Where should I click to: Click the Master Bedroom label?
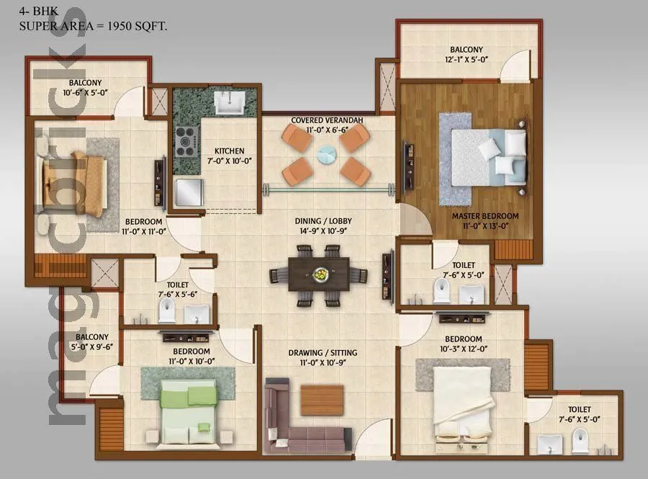pos(485,221)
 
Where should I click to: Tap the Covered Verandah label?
pos(327,125)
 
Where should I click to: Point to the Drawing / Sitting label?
pos(323,358)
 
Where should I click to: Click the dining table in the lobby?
pos(318,274)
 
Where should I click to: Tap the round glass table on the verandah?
pos(327,154)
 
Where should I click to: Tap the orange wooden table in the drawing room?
pos(322,399)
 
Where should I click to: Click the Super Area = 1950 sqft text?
pos(93,26)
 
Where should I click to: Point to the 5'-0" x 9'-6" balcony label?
pos(92,342)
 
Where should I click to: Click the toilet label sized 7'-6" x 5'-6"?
pos(172,290)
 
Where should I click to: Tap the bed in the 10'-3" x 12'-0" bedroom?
pos(463,403)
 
